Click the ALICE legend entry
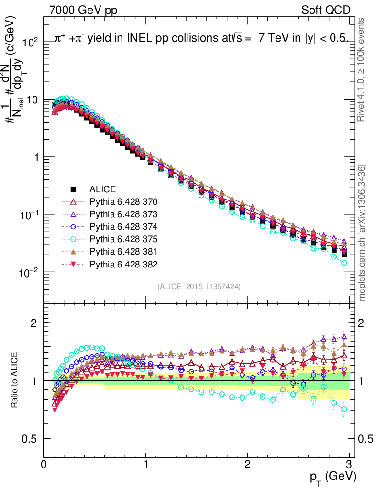(x=103, y=189)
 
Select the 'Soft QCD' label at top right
(x=326, y=10)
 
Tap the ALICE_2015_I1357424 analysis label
(x=199, y=286)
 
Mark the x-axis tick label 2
(x=247, y=464)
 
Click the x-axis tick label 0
(x=44, y=464)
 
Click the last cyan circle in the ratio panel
(x=344, y=409)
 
